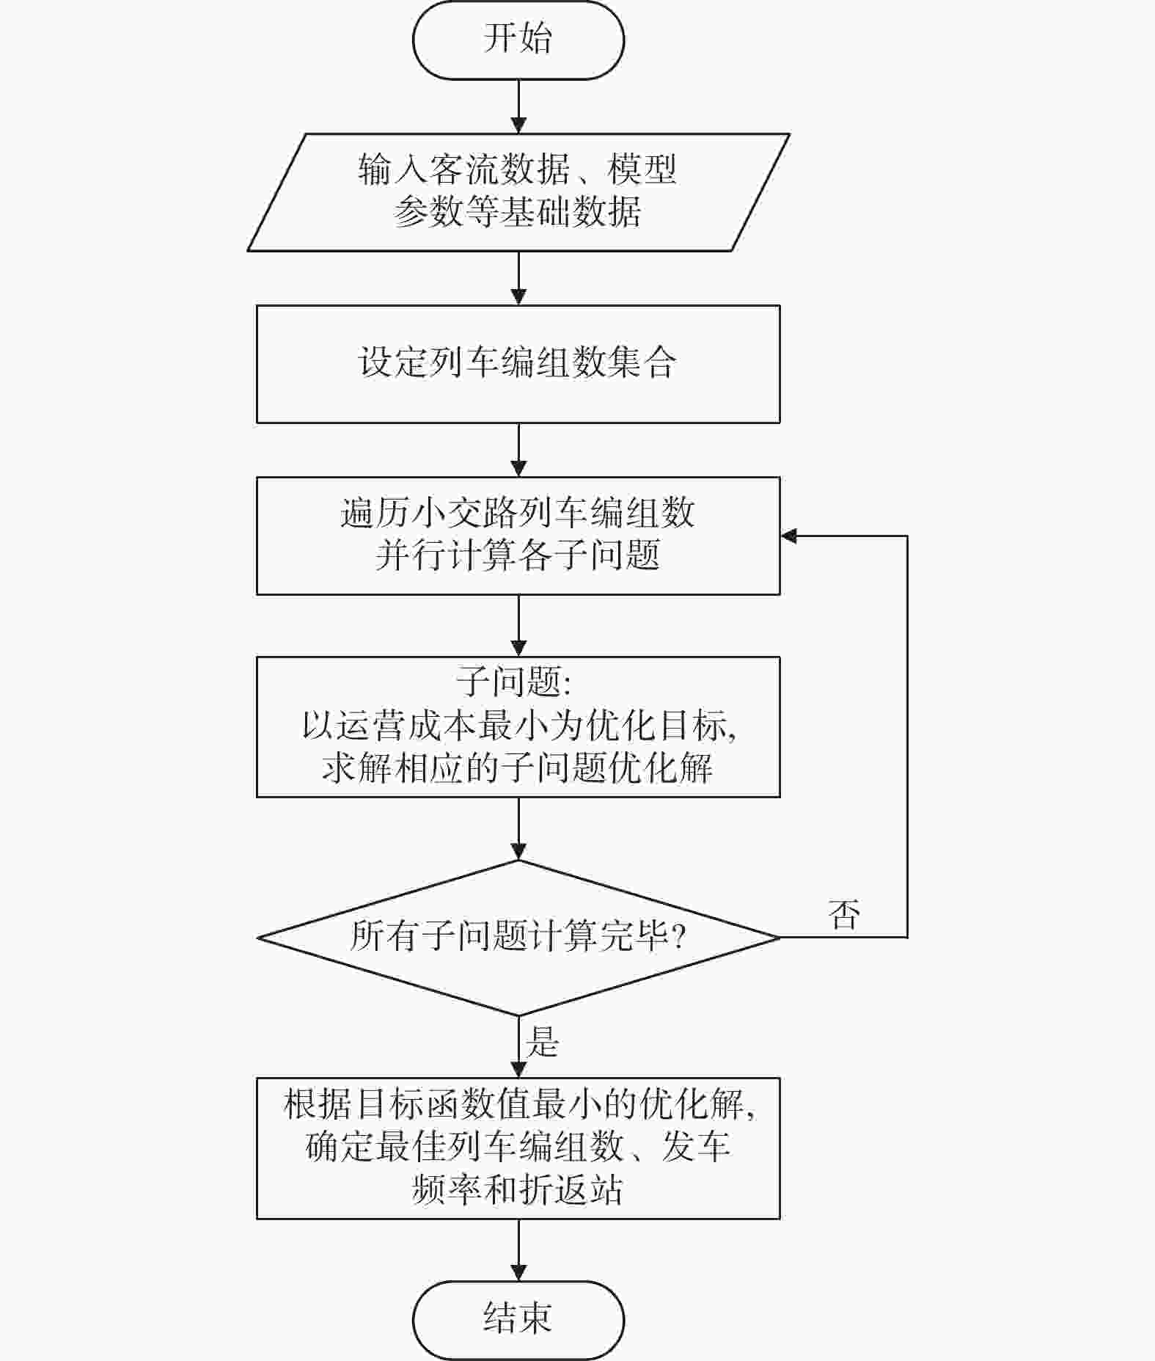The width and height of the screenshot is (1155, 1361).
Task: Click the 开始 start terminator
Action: click(x=518, y=40)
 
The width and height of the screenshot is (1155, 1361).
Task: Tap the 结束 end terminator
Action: click(x=518, y=1320)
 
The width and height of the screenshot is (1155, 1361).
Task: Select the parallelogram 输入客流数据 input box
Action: click(x=518, y=192)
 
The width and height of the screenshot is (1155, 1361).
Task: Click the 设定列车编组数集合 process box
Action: click(x=518, y=364)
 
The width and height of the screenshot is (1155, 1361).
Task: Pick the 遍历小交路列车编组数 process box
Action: click(x=518, y=536)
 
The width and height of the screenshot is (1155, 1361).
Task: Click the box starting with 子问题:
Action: click(x=518, y=726)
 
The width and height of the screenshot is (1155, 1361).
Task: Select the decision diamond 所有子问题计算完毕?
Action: click(x=518, y=937)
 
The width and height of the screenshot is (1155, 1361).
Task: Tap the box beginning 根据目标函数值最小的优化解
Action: click(x=518, y=1148)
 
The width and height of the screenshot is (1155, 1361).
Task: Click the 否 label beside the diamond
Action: click(x=844, y=914)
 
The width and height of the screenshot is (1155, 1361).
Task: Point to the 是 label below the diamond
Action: click(x=542, y=1041)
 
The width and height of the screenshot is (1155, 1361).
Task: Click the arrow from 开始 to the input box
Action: click(x=518, y=106)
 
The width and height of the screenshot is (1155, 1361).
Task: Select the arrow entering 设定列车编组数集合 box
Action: click(x=518, y=278)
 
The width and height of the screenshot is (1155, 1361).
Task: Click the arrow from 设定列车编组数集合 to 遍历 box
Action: click(x=518, y=450)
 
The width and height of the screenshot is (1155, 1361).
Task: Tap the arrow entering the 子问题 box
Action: click(x=518, y=625)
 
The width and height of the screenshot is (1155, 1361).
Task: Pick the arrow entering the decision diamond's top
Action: click(x=518, y=828)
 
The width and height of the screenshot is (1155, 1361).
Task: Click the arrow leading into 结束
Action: click(x=518, y=1250)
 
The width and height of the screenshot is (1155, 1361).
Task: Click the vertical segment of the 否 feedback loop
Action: click(x=908, y=737)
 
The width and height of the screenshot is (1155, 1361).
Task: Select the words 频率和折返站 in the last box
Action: click(x=518, y=1190)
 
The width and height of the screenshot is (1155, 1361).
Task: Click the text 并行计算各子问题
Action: click(x=518, y=555)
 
